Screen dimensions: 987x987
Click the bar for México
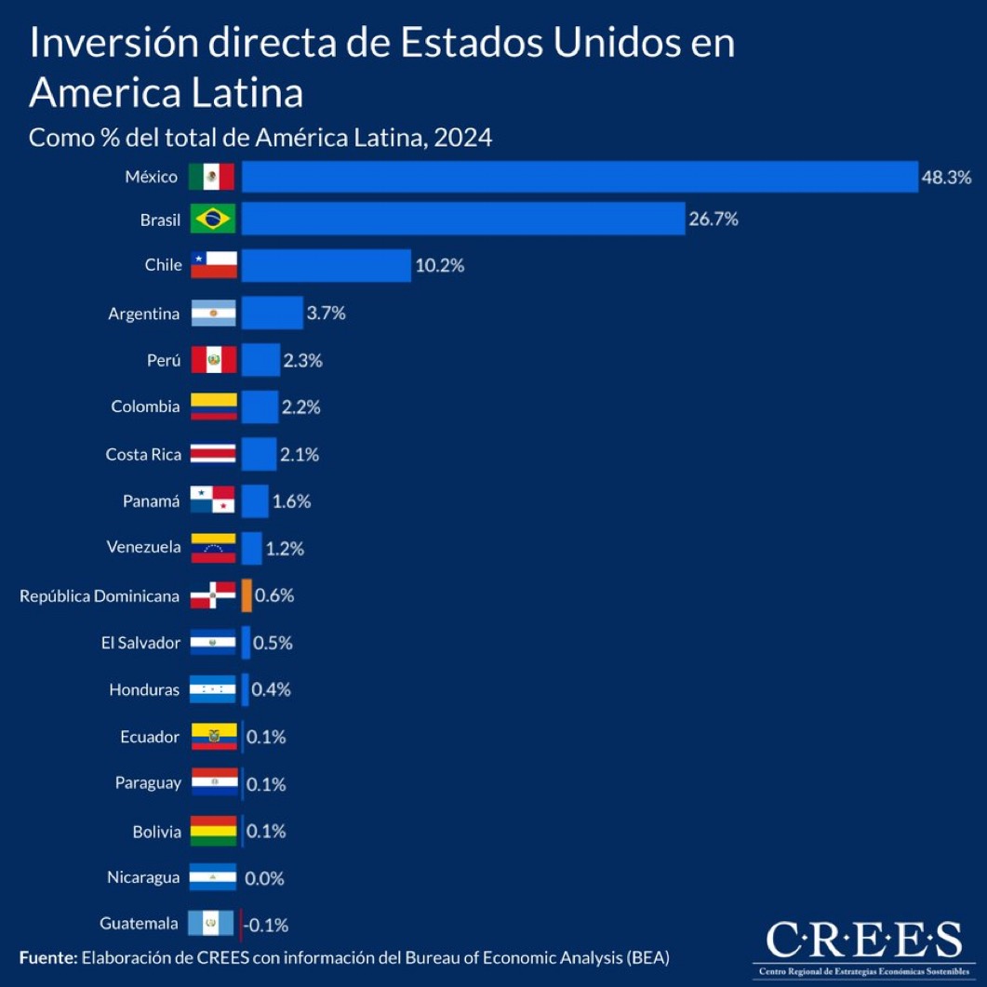coord(580,177)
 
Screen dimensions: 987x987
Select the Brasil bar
coord(463,220)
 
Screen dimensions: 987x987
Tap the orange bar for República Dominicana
coord(247,595)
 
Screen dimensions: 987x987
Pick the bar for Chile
coord(326,266)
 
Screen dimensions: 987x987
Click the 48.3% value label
coord(946,177)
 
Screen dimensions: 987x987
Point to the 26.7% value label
coord(714,220)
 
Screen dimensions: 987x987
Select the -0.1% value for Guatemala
coord(267,926)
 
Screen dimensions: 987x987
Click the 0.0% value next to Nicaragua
coord(264,878)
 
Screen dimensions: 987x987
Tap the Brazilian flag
coord(213,220)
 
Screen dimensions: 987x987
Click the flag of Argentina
coord(213,313)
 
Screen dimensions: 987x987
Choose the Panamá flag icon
coord(213,501)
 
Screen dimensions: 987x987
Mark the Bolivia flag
coord(213,831)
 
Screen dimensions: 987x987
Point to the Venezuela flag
coord(213,548)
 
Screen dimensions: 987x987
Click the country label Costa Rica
coord(142,455)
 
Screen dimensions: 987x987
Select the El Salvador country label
coord(140,643)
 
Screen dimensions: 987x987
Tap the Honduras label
coord(144,690)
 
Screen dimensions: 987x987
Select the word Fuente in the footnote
coord(47,956)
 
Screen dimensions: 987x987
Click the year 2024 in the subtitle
coord(461,138)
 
